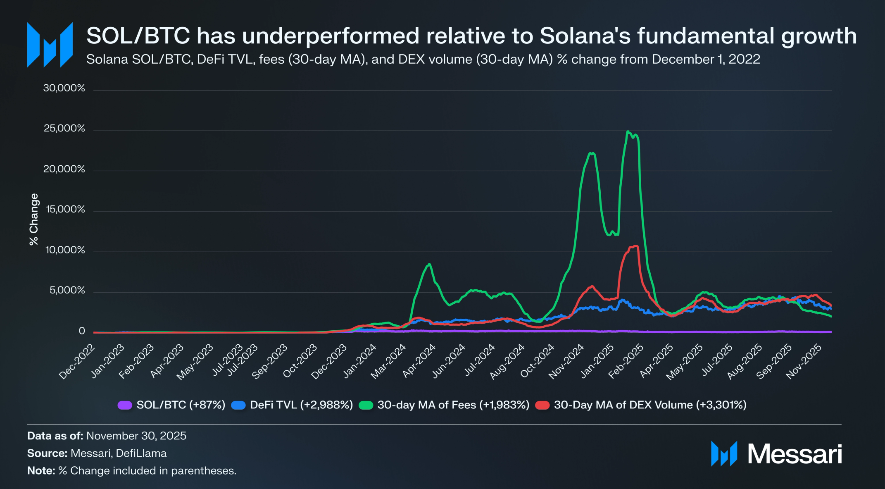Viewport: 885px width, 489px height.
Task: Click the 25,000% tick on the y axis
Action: point(64,129)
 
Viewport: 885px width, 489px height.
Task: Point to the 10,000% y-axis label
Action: point(65,250)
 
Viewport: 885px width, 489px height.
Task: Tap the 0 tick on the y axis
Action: point(82,331)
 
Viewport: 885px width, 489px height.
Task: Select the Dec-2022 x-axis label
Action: point(77,361)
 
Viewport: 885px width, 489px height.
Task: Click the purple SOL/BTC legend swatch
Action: point(125,405)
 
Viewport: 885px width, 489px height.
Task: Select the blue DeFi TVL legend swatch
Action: point(238,405)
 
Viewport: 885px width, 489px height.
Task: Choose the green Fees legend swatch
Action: point(366,405)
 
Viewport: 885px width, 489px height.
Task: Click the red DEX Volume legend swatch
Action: point(542,405)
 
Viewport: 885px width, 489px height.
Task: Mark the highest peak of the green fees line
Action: point(628,132)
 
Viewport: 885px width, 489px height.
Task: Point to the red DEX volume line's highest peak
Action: point(635,246)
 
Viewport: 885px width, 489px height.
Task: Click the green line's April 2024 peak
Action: point(430,264)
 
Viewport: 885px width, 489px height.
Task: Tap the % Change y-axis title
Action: point(34,219)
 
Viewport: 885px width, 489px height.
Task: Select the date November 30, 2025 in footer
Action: point(136,436)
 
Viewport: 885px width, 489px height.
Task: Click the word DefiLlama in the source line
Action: point(141,453)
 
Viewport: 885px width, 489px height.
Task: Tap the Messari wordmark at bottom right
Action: point(795,454)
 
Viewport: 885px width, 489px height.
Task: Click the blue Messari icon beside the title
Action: point(50,45)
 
